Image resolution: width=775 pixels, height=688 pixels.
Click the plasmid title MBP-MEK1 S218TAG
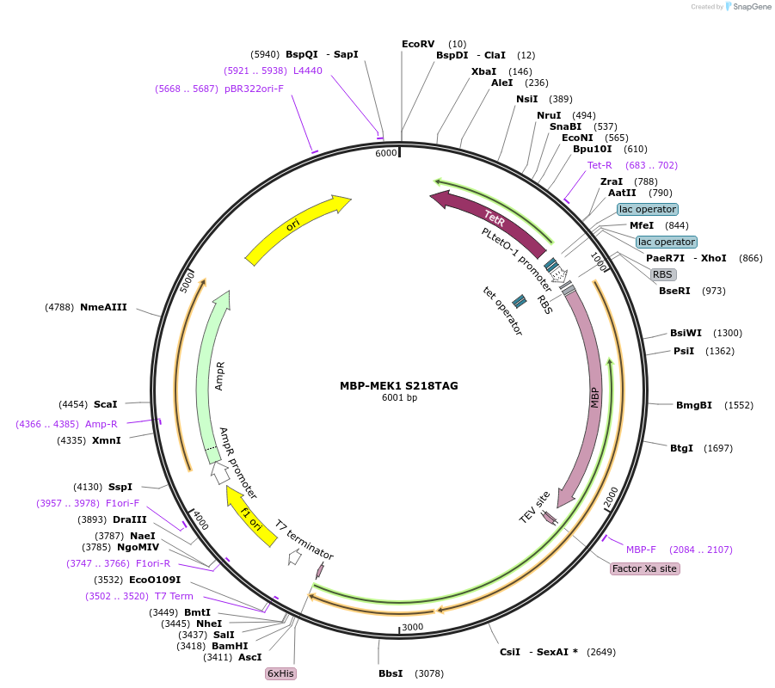pyautogui.click(x=399, y=385)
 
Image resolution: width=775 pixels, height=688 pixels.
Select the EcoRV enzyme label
pyautogui.click(x=418, y=44)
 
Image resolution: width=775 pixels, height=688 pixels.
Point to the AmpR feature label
pyautogui.click(x=219, y=376)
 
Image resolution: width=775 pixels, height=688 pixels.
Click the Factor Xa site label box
pyautogui.click(x=644, y=568)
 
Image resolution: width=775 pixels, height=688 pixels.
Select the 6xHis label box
pyautogui.click(x=280, y=673)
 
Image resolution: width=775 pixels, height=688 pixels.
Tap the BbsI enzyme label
pyautogui.click(x=391, y=673)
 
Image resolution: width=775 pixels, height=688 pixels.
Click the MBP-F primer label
pyautogui.click(x=641, y=550)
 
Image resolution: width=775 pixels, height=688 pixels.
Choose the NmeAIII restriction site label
pyautogui.click(x=103, y=307)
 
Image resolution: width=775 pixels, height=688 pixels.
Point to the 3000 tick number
pyautogui.click(x=413, y=627)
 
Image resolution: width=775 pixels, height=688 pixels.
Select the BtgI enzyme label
pyautogui.click(x=681, y=448)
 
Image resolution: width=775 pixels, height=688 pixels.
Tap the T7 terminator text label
pyautogui.click(x=304, y=540)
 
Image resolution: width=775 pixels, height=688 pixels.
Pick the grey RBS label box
pyautogui.click(x=662, y=274)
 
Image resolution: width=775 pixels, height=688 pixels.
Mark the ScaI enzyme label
pyautogui.click(x=105, y=404)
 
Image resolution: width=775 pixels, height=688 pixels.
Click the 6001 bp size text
pyautogui.click(x=399, y=397)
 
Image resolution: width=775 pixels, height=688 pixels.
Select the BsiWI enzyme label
pyautogui.click(x=686, y=333)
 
